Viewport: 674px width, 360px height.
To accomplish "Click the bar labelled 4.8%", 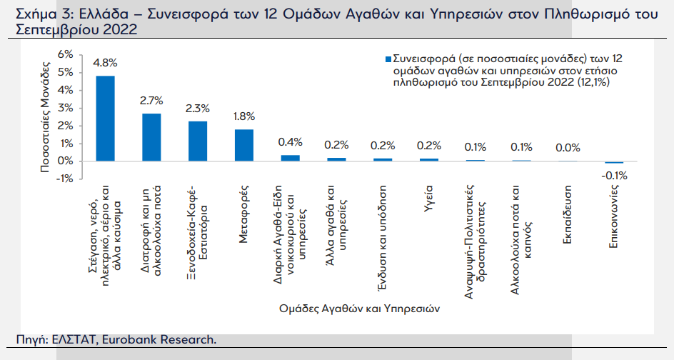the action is point(105,119).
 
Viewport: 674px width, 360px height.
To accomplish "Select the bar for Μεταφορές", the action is point(243,146).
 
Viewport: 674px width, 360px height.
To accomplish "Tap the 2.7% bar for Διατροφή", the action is point(151,137).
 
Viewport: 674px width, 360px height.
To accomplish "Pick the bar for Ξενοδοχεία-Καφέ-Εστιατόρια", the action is point(198,141).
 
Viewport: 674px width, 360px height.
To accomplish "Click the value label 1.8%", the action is point(244,116).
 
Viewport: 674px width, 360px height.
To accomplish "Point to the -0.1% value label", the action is point(614,176).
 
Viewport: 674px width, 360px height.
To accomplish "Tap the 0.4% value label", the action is point(290,142).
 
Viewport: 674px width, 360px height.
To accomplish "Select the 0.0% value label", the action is point(568,148).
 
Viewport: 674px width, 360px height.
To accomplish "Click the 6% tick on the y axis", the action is point(66,54).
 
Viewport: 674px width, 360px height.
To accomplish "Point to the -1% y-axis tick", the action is point(64,179).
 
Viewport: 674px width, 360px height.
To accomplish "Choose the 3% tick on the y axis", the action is point(66,108).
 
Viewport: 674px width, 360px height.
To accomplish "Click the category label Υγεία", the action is point(428,201).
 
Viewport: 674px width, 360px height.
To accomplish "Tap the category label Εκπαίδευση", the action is point(567,215).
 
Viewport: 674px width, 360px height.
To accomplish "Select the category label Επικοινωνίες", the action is point(613,216).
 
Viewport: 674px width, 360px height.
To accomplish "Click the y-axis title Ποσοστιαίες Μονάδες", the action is point(45,117).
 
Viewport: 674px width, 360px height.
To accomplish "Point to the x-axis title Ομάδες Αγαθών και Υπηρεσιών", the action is point(359,309).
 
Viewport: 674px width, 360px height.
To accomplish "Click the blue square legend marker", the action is point(388,59).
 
